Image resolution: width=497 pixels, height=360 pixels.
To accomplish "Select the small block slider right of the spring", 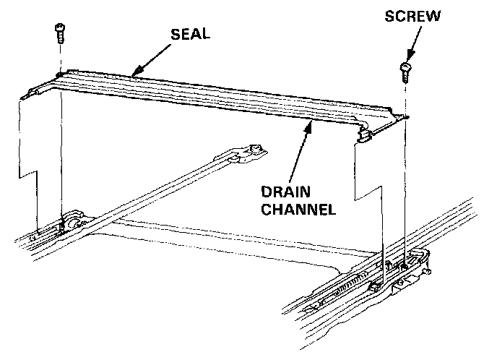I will click(373, 287).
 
